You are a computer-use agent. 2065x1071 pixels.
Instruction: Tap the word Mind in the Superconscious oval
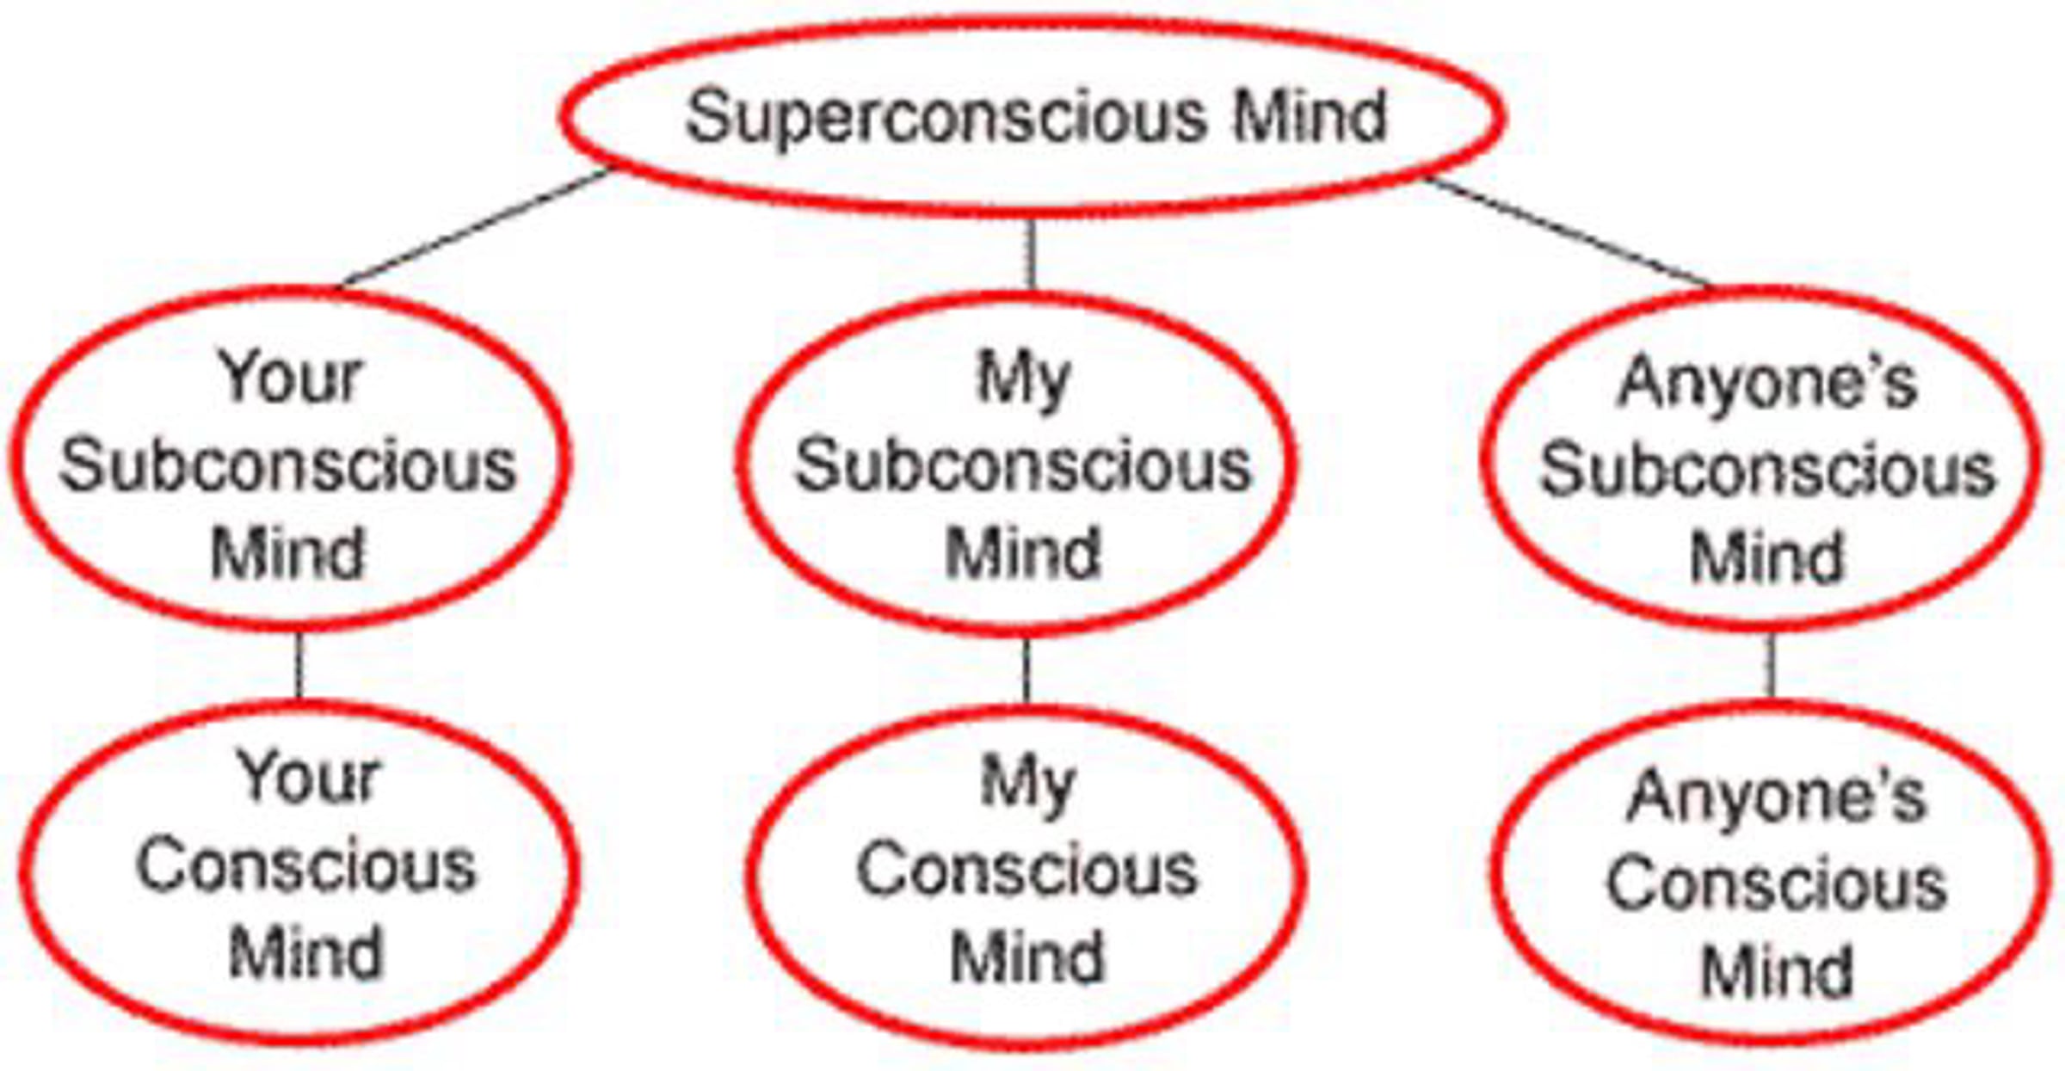(x=1310, y=117)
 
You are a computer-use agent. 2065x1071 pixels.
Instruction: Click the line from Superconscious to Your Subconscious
(x=476, y=227)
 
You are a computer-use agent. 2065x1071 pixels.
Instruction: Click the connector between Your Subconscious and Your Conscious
(x=299, y=665)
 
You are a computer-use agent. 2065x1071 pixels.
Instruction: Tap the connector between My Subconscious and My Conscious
(x=1026, y=669)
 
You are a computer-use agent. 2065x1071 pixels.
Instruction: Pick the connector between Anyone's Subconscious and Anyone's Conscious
(x=1771, y=665)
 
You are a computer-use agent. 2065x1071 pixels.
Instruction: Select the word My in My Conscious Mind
(x=1027, y=783)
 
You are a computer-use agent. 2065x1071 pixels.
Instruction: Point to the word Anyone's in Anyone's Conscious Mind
(x=1776, y=797)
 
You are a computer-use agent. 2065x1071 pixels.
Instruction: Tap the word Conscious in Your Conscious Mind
(x=305, y=865)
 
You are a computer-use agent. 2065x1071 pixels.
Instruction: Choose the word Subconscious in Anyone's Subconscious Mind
(x=1766, y=471)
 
